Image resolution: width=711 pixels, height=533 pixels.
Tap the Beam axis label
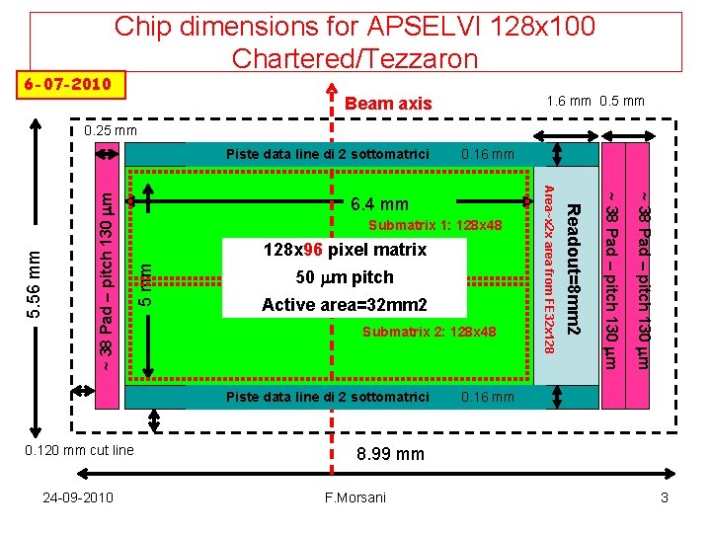point(388,103)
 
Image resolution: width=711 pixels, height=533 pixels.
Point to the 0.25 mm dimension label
point(110,130)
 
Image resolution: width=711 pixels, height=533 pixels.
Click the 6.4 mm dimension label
point(379,204)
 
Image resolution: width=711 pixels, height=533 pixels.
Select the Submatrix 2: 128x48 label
point(429,331)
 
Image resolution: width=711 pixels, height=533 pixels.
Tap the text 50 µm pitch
point(345,277)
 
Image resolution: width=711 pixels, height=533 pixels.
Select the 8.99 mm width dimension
point(389,454)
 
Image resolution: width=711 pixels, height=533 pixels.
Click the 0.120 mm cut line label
point(85,450)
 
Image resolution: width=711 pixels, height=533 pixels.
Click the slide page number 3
point(665,497)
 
